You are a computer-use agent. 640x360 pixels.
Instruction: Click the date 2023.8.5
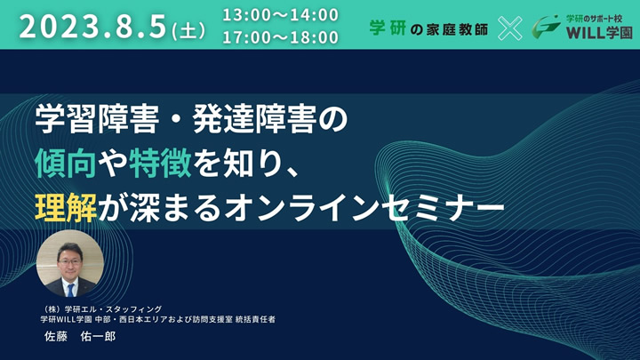tap(92, 27)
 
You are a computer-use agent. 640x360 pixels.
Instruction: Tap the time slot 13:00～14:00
tap(280, 15)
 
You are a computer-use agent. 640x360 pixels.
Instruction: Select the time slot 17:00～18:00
tap(280, 37)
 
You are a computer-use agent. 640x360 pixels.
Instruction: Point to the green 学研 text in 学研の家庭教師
tap(388, 28)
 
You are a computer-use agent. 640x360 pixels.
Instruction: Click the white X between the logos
tap(510, 28)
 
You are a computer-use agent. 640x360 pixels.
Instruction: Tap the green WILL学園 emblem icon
tap(546, 28)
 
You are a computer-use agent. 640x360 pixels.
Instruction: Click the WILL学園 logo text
tap(599, 33)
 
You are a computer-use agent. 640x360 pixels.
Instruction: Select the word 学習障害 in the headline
tap(97, 119)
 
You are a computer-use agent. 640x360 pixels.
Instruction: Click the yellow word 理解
tap(66, 207)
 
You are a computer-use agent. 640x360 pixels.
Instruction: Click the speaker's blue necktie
tap(70, 290)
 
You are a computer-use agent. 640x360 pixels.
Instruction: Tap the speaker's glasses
tap(69, 261)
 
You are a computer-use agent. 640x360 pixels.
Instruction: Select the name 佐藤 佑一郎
tap(80, 336)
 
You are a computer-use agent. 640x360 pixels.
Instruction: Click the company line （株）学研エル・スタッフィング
tap(101, 309)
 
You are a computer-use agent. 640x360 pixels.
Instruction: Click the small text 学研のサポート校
tap(594, 19)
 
